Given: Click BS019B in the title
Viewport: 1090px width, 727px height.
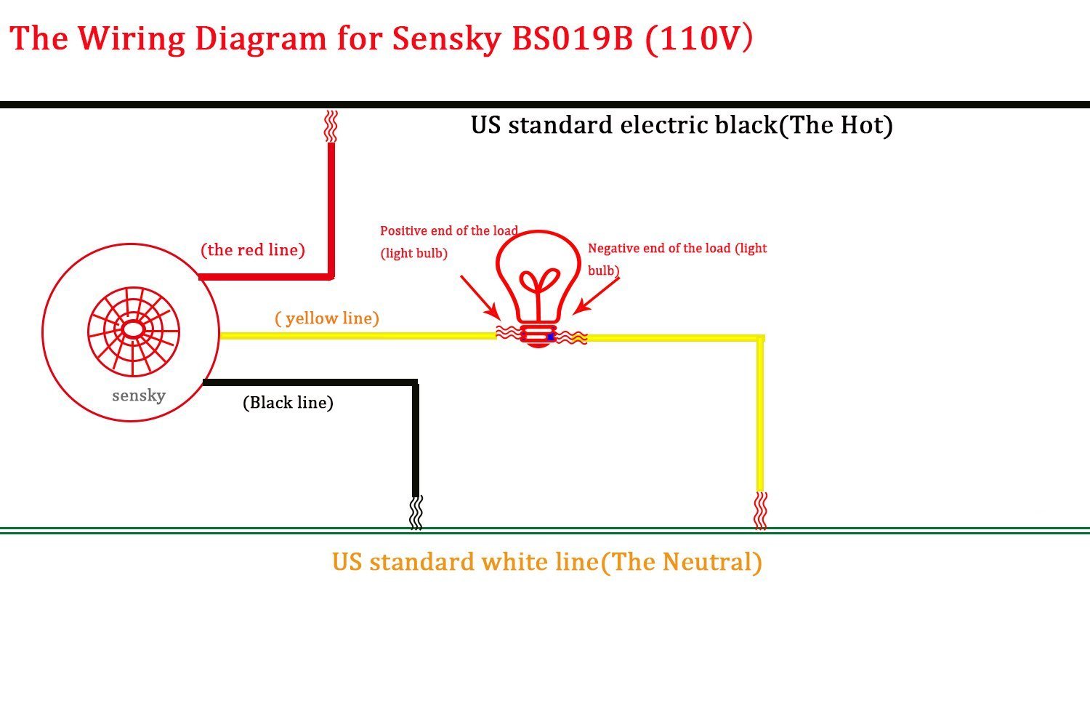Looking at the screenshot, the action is click(573, 39).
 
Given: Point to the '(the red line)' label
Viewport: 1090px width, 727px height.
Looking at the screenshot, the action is click(253, 250).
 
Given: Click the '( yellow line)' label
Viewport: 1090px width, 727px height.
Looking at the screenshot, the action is click(327, 318).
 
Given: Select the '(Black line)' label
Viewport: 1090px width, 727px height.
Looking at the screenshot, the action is click(288, 403).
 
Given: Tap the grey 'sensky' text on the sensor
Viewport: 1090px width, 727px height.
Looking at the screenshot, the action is click(139, 395).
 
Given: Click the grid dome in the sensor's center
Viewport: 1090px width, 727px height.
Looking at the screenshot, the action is click(133, 331).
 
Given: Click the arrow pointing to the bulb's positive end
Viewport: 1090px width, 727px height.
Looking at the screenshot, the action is click(479, 297).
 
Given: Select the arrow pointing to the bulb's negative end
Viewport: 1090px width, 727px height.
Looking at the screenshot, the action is click(597, 296).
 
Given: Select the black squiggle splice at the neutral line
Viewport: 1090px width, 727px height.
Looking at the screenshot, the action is click(416, 513).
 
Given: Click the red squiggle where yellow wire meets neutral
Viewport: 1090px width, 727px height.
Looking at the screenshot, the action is click(761, 510).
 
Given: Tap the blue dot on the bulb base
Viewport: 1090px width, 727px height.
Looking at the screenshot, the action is click(551, 337).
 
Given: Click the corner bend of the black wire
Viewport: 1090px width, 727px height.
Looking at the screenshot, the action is click(415, 383).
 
